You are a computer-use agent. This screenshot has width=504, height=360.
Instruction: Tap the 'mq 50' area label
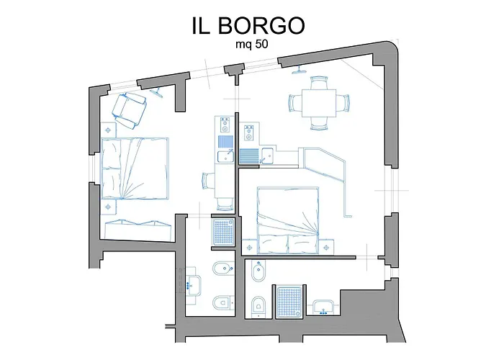(x=252, y=45)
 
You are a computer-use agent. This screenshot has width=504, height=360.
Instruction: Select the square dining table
(x=319, y=103)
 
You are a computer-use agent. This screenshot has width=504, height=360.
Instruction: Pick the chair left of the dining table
(x=295, y=103)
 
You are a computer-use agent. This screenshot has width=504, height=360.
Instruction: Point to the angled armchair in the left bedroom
(x=129, y=110)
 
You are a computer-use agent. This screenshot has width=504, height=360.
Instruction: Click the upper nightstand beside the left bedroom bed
(x=108, y=130)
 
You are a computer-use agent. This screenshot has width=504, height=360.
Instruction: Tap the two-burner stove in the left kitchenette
(x=225, y=125)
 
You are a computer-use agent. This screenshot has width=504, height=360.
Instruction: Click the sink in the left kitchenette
(x=225, y=156)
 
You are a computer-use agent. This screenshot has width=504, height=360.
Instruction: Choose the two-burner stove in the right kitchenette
(x=248, y=132)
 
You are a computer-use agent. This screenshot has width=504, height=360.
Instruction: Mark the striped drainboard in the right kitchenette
(x=249, y=156)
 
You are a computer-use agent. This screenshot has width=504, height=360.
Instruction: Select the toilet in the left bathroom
(x=223, y=302)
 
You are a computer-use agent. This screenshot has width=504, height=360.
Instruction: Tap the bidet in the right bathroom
(x=258, y=271)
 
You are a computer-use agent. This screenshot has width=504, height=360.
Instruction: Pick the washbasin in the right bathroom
(x=323, y=307)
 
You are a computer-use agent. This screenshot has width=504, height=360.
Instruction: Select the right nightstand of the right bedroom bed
(x=327, y=247)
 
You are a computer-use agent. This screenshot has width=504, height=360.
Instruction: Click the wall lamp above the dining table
(x=300, y=71)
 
